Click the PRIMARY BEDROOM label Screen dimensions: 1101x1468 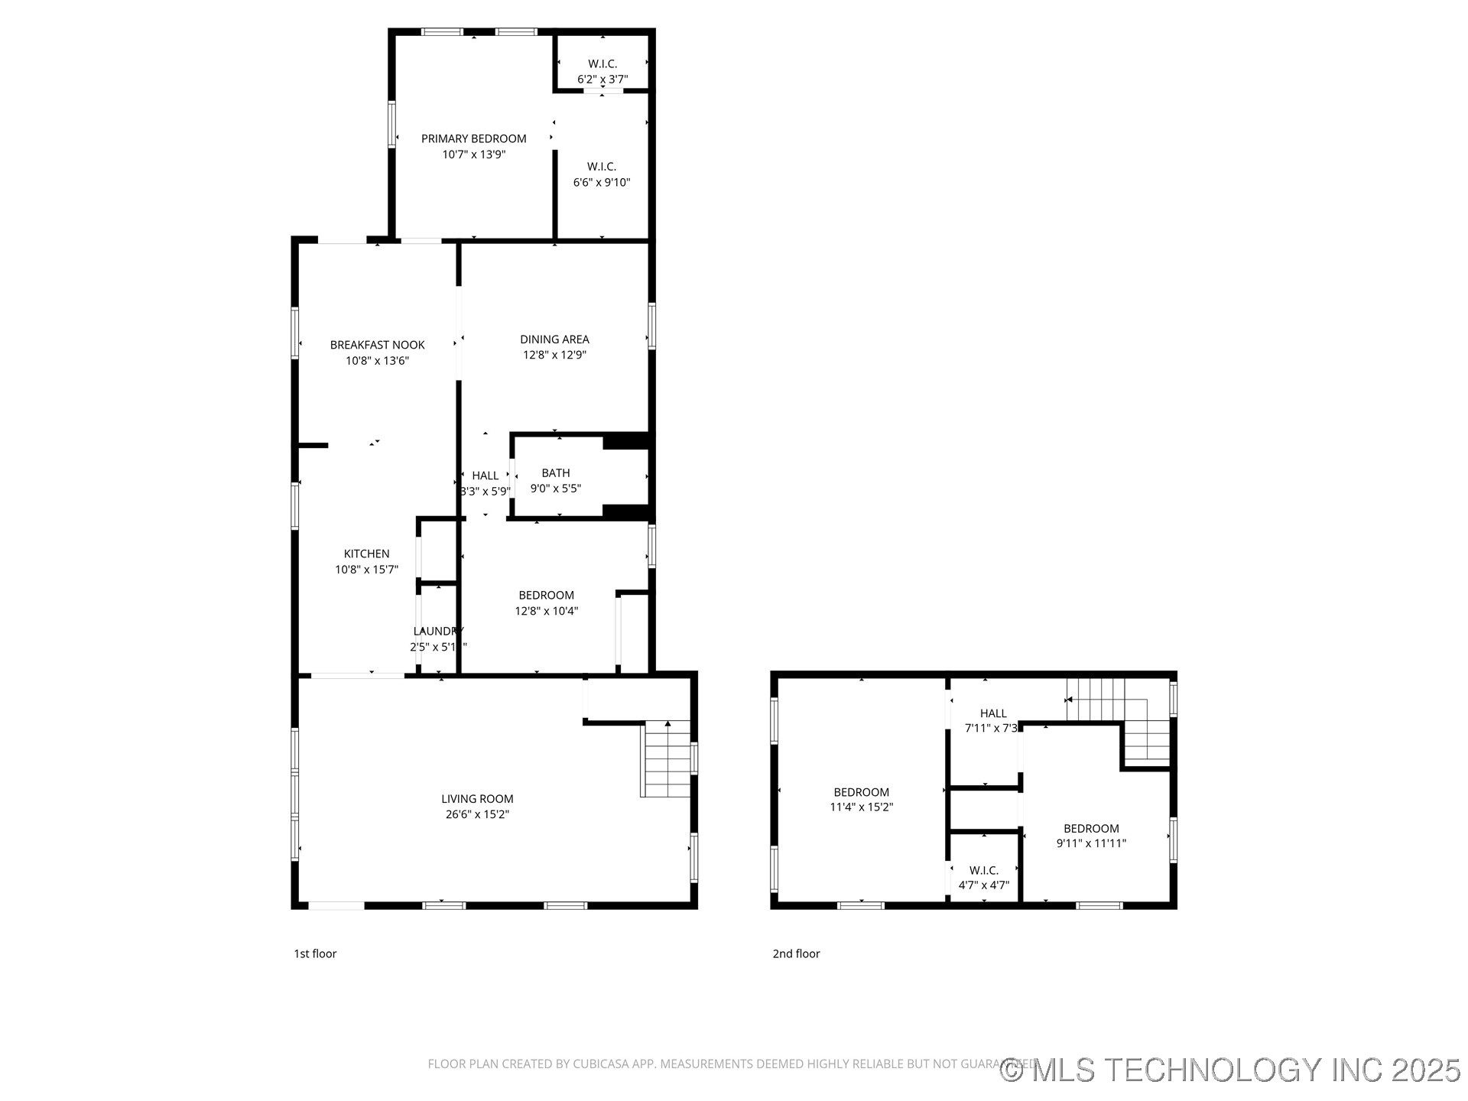473,138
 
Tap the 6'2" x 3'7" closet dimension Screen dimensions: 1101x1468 602,79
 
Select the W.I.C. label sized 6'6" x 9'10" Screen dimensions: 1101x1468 602,167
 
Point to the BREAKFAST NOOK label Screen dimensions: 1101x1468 377,345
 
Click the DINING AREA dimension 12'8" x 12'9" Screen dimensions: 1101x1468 554,355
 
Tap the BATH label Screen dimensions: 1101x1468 556,473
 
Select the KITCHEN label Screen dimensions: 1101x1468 366,554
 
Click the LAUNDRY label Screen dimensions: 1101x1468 438,631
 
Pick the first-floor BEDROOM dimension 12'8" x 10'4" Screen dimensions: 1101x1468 546,611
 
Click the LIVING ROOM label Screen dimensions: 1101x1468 477,799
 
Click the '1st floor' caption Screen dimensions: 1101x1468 315,953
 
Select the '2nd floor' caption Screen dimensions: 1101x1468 796,953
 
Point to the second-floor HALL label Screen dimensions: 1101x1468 993,713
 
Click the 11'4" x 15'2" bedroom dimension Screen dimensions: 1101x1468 862,807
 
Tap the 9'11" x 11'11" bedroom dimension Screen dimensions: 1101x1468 1091,843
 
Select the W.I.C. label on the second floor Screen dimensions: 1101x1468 983,870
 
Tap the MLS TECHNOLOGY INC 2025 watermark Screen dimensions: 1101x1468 1231,1069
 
